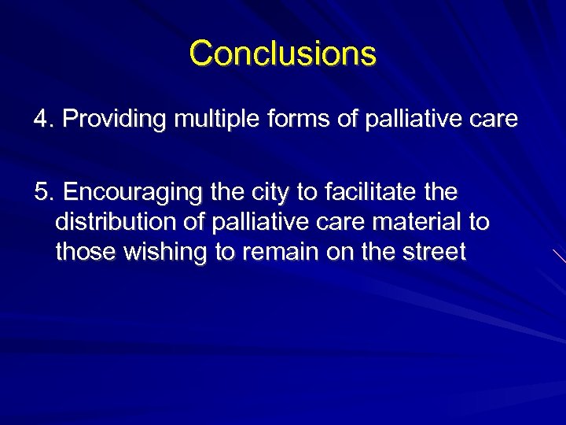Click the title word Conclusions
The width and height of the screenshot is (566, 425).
[x=283, y=54]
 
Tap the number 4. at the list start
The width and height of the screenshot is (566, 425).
[x=42, y=120]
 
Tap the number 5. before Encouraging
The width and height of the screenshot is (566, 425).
[x=42, y=193]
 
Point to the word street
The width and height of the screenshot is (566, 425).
[x=436, y=252]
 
